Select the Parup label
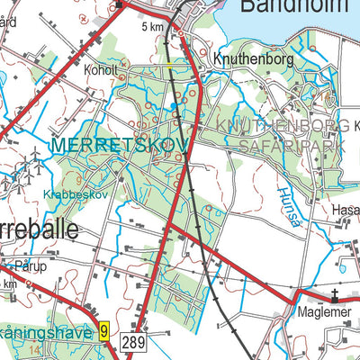coord(29,266)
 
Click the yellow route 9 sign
coord(104,332)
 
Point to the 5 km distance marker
coord(154,28)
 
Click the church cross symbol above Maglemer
coord(333,294)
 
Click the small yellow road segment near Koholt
coord(169,66)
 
